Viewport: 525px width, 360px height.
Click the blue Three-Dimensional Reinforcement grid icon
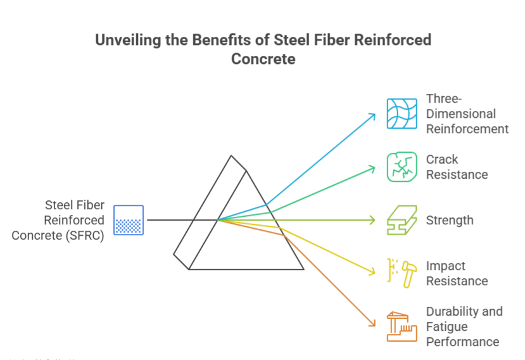(402, 114)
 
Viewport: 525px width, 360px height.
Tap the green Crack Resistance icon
(402, 167)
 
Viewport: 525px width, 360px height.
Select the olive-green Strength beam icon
(402, 220)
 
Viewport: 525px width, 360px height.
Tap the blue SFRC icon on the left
(129, 220)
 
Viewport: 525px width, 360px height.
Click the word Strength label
(450, 221)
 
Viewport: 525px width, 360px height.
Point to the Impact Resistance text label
(457, 273)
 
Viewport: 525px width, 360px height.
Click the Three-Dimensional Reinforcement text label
(467, 114)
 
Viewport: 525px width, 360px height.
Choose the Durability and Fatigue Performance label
(464, 326)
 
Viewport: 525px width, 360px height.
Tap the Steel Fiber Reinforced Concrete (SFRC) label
(58, 220)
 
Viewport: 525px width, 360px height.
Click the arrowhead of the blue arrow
(374, 115)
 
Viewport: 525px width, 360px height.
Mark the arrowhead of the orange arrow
(373, 325)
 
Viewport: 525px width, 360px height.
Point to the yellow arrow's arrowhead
(374, 273)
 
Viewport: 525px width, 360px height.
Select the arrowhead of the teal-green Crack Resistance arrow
(374, 168)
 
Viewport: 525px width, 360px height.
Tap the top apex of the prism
(232, 156)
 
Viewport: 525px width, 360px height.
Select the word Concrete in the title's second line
(263, 60)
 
